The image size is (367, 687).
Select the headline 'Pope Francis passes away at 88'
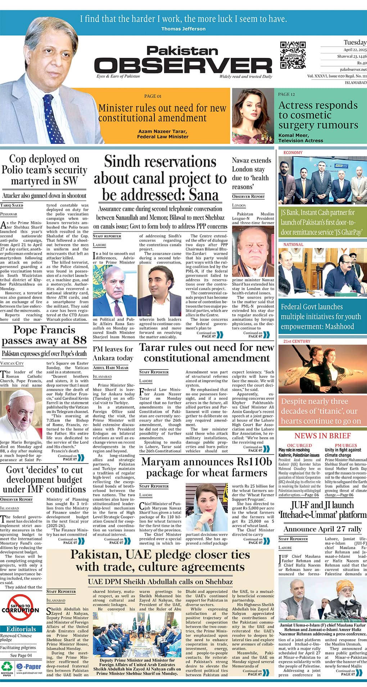(x=44, y=335)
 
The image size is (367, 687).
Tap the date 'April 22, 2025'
(x=355, y=50)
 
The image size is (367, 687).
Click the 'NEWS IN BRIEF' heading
(x=322, y=436)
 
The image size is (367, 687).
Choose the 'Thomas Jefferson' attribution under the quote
(x=183, y=29)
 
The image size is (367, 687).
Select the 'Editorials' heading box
(x=21, y=629)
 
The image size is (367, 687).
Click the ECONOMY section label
(x=293, y=153)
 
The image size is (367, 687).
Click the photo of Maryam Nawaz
(x=207, y=507)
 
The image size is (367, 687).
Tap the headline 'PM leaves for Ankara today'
(x=113, y=353)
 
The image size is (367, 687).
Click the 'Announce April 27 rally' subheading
(x=322, y=529)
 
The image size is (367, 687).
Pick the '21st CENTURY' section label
(x=296, y=341)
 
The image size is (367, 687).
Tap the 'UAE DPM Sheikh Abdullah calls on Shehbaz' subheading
(x=160, y=582)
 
